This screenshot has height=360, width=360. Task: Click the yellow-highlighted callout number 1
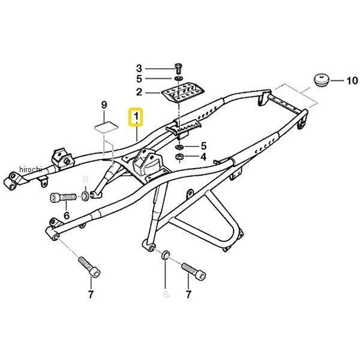[x=136, y=116]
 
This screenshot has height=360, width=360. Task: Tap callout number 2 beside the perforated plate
[x=139, y=92]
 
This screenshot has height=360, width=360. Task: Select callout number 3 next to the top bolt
[x=139, y=68]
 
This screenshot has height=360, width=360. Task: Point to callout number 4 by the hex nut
[x=203, y=157]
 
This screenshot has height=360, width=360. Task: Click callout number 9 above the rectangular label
[x=104, y=105]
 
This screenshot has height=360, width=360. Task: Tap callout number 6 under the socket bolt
[x=67, y=215]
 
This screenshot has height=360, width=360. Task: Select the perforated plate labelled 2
[x=183, y=95]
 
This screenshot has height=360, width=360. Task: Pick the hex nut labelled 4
[x=179, y=157]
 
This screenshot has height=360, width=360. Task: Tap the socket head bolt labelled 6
[x=63, y=197]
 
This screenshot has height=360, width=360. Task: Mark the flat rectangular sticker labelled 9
[x=106, y=128]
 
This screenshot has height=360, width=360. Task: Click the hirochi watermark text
[x=31, y=170]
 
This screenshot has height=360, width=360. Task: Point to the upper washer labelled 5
[x=178, y=79]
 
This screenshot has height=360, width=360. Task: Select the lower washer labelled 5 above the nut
[x=179, y=147]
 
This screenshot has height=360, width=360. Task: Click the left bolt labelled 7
[x=89, y=267]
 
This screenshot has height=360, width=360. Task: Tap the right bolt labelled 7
[x=194, y=271]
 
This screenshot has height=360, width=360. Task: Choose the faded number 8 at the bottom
[x=166, y=294]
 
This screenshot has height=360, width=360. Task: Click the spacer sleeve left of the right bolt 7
[x=166, y=256]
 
